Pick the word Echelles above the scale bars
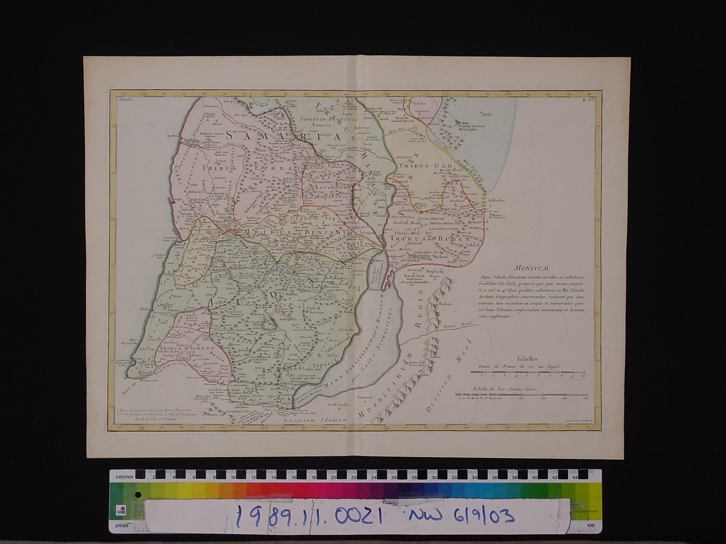(527, 358)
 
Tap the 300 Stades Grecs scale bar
(521, 394)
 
